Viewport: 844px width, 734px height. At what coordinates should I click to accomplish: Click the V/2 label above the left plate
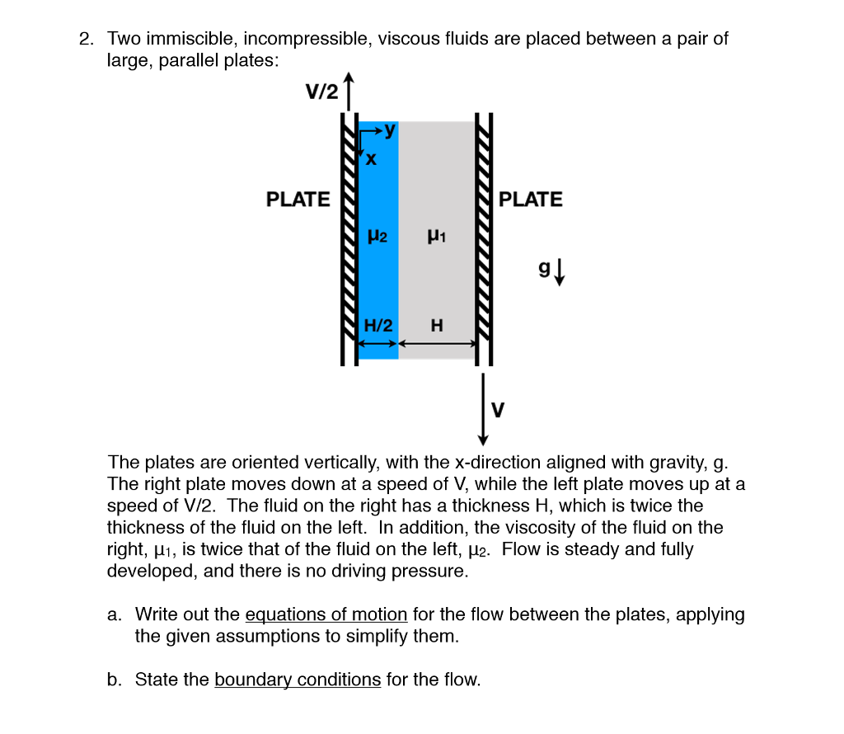pyautogui.click(x=321, y=92)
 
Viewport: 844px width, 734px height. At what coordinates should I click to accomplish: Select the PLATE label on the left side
pyautogui.click(x=298, y=200)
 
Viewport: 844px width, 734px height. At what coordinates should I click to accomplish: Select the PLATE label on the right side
pyautogui.click(x=531, y=200)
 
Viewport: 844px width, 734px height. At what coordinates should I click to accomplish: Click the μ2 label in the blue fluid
pyautogui.click(x=377, y=236)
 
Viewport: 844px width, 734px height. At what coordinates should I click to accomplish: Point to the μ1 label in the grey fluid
pyautogui.click(x=437, y=237)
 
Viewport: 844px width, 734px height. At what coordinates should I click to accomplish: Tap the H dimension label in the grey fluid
pyautogui.click(x=437, y=326)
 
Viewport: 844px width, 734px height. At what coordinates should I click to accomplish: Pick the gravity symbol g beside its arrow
pyautogui.click(x=545, y=268)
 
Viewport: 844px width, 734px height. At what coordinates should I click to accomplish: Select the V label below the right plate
pyautogui.click(x=497, y=408)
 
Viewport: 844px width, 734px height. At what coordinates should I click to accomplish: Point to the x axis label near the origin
pyautogui.click(x=371, y=159)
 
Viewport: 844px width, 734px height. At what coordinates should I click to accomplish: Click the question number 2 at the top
pyautogui.click(x=86, y=39)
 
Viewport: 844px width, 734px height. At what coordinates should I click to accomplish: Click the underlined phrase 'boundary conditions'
pyautogui.click(x=298, y=680)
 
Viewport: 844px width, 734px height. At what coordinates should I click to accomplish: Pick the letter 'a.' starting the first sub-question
pyautogui.click(x=115, y=614)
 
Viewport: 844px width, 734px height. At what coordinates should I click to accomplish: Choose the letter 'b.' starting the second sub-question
pyautogui.click(x=115, y=680)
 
